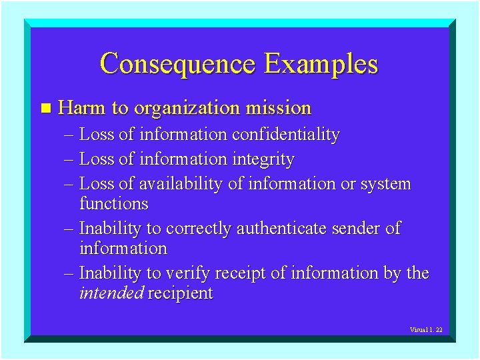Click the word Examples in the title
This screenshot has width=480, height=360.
[x=321, y=64]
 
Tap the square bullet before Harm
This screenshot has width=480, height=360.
[x=45, y=108]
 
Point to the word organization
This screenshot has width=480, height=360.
[x=187, y=108]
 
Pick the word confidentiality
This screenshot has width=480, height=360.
[x=285, y=135]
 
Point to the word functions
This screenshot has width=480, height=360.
[x=113, y=203]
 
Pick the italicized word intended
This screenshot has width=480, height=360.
[x=111, y=293]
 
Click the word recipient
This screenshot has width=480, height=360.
[x=180, y=293]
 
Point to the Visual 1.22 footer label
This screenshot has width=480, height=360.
[x=426, y=330]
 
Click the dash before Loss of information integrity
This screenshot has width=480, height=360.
[x=71, y=160]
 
